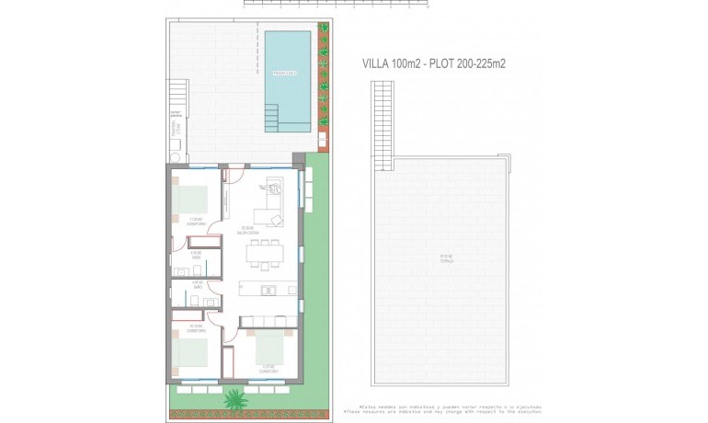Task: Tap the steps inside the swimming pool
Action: (x=272, y=115)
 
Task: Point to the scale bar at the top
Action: (x=336, y=4)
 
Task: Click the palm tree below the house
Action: (x=235, y=398)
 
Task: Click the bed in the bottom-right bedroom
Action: (x=270, y=348)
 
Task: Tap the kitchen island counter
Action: (x=268, y=288)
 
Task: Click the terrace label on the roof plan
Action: (x=446, y=257)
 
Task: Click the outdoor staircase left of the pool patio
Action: (x=177, y=94)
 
